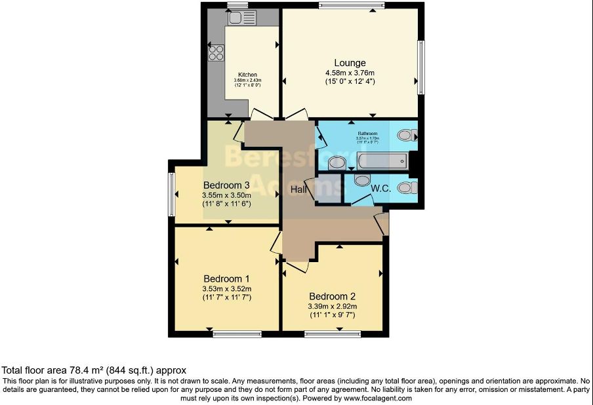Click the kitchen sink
tap(237, 19)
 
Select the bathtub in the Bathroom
tap(382, 161)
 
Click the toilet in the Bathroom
tap(407, 136)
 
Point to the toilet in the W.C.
tap(407, 188)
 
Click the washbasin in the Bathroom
tap(337, 163)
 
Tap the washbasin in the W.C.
tap(362, 180)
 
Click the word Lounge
tap(350, 63)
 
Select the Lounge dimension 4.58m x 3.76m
tap(350, 73)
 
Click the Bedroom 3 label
tap(226, 185)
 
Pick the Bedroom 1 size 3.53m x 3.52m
tap(227, 288)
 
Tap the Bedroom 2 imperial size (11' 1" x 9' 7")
tap(332, 315)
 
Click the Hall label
tap(299, 189)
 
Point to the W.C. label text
tap(381, 189)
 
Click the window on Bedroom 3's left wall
tap(171, 195)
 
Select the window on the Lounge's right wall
tap(421, 66)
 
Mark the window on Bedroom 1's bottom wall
tap(237, 334)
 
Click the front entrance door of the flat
tap(382, 224)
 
